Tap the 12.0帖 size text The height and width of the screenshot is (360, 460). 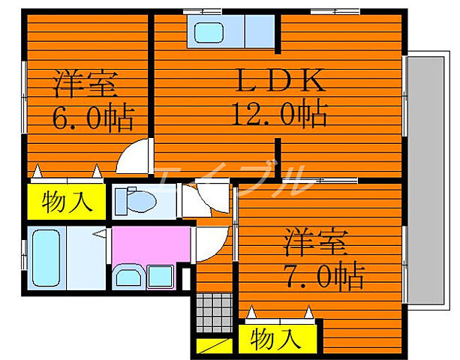278,115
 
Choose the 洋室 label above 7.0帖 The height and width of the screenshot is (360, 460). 314,244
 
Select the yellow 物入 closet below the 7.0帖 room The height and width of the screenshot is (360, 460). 277,338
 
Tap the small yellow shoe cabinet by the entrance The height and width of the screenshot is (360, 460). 214,346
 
